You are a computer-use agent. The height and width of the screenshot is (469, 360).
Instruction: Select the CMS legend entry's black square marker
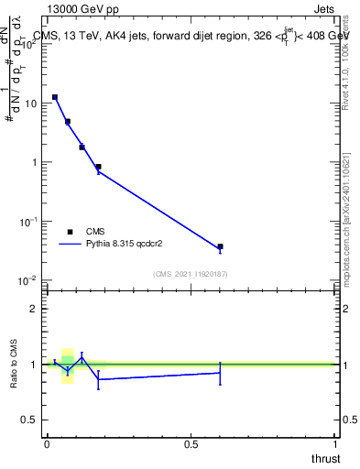[x=70, y=233]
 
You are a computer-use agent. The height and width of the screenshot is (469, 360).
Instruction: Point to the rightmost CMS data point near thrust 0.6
[x=220, y=246]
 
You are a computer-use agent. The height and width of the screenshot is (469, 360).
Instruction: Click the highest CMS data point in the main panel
[x=55, y=97]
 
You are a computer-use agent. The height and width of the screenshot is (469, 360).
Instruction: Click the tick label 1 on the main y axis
[x=35, y=162]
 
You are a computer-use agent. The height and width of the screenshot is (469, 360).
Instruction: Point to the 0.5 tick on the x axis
[x=191, y=444]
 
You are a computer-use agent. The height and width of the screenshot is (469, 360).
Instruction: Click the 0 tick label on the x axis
[x=47, y=444]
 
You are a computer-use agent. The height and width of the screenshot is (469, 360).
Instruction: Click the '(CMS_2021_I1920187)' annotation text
[x=190, y=274]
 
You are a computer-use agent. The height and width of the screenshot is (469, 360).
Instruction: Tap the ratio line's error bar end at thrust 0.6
[x=220, y=384]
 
